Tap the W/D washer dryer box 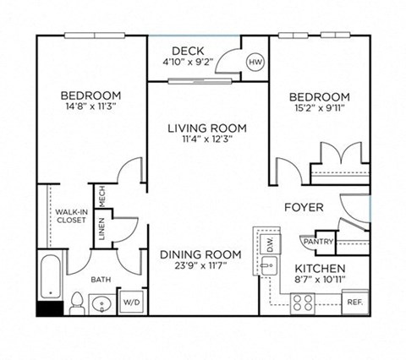(x=133, y=302)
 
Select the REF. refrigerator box (x=354, y=301)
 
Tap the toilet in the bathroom (x=76, y=300)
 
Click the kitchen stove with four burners (x=303, y=301)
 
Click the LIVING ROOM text (x=206, y=128)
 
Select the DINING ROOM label (x=200, y=254)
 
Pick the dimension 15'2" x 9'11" (x=320, y=107)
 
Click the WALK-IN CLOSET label (x=72, y=218)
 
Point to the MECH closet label (x=101, y=197)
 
